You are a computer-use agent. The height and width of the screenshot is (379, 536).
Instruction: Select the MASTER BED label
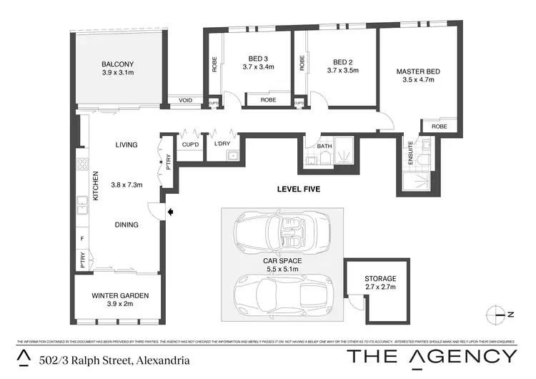click(x=418, y=72)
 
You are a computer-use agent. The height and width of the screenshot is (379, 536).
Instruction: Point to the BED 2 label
click(x=339, y=61)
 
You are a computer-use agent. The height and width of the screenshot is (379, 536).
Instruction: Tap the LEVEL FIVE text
click(x=298, y=189)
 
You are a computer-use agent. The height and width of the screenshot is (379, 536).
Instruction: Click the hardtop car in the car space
click(x=282, y=292)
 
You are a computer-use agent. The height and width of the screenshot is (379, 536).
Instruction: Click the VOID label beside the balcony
click(x=186, y=101)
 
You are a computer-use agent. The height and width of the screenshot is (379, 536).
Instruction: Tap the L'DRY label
click(x=222, y=144)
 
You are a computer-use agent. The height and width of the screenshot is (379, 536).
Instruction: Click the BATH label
click(x=325, y=147)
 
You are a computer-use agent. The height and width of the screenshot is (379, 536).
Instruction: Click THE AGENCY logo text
click(x=431, y=356)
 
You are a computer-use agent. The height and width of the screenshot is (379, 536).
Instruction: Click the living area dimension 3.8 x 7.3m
click(x=126, y=184)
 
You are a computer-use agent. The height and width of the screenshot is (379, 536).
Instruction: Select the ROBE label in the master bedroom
click(x=439, y=127)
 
